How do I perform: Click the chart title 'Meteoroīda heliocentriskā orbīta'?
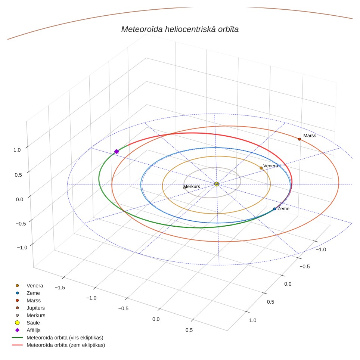(180, 29)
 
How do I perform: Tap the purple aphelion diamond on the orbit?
(117, 152)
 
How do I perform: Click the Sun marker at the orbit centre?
(217, 184)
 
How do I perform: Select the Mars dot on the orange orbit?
(300, 139)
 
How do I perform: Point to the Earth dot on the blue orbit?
(274, 209)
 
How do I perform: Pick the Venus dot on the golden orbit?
(261, 168)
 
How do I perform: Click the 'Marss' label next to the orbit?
(310, 136)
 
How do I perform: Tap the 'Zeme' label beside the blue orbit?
(283, 209)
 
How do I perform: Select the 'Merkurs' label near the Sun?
(192, 186)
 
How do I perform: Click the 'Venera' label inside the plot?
(270, 166)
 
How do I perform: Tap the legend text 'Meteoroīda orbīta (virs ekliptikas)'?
(65, 338)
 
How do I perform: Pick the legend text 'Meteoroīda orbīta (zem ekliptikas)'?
(66, 345)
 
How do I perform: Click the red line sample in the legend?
(17, 345)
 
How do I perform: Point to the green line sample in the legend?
(17, 338)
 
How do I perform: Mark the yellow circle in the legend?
(17, 323)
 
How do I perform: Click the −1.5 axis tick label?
(60, 288)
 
